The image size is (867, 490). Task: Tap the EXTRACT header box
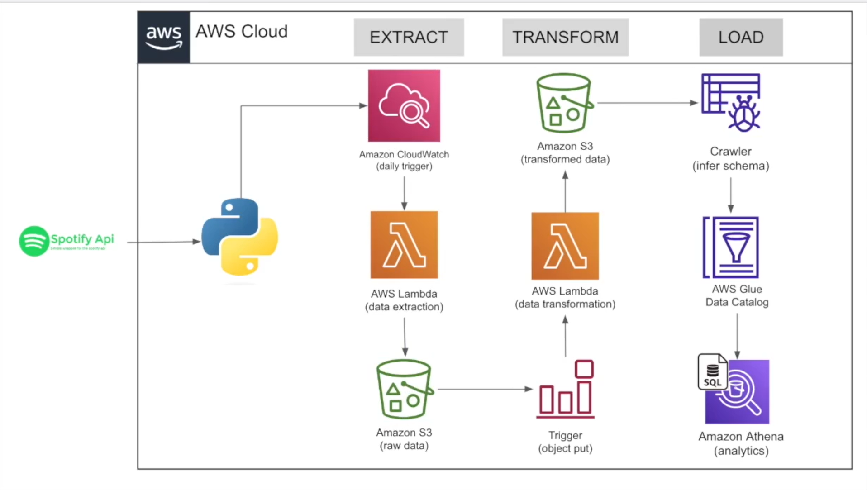pyautogui.click(x=409, y=37)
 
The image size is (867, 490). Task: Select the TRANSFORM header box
pyautogui.click(x=565, y=37)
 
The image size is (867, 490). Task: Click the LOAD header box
pyautogui.click(x=741, y=37)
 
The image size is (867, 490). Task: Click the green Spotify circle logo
pyautogui.click(x=34, y=241)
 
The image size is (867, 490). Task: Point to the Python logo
pyautogui.click(x=240, y=237)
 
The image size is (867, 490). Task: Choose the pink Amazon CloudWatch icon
pyautogui.click(x=404, y=105)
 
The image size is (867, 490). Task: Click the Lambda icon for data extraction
pyautogui.click(x=404, y=245)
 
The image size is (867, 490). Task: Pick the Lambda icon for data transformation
pyautogui.click(x=565, y=246)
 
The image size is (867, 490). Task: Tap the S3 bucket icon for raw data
pyautogui.click(x=404, y=389)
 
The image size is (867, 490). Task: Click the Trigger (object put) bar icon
pyautogui.click(x=565, y=389)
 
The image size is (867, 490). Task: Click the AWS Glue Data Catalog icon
pyautogui.click(x=731, y=247)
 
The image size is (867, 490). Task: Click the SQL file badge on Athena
pyautogui.click(x=712, y=372)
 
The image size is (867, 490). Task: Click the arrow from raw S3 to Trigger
pyautogui.click(x=484, y=389)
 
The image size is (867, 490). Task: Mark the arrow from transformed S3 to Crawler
pyautogui.click(x=647, y=103)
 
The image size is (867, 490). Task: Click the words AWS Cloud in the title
pyautogui.click(x=241, y=32)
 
